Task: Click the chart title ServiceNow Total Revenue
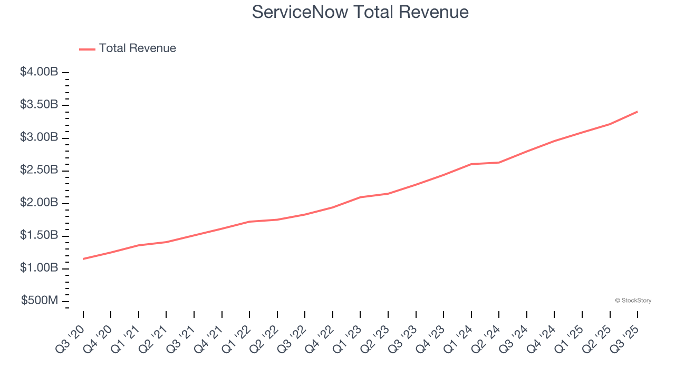(x=360, y=12)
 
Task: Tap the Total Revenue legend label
(x=137, y=48)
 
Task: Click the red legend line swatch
(x=87, y=49)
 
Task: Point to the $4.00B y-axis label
(x=39, y=72)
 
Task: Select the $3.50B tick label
(x=39, y=105)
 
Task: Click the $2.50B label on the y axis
(x=39, y=170)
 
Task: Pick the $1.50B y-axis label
(x=39, y=235)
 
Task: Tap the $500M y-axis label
(x=40, y=301)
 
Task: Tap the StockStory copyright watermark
(x=633, y=301)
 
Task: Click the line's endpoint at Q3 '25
(x=638, y=112)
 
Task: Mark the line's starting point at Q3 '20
(x=83, y=259)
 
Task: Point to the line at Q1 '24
(x=471, y=164)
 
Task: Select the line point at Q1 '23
(x=360, y=197)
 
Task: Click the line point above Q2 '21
(x=167, y=242)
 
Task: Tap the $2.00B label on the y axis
(x=39, y=203)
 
